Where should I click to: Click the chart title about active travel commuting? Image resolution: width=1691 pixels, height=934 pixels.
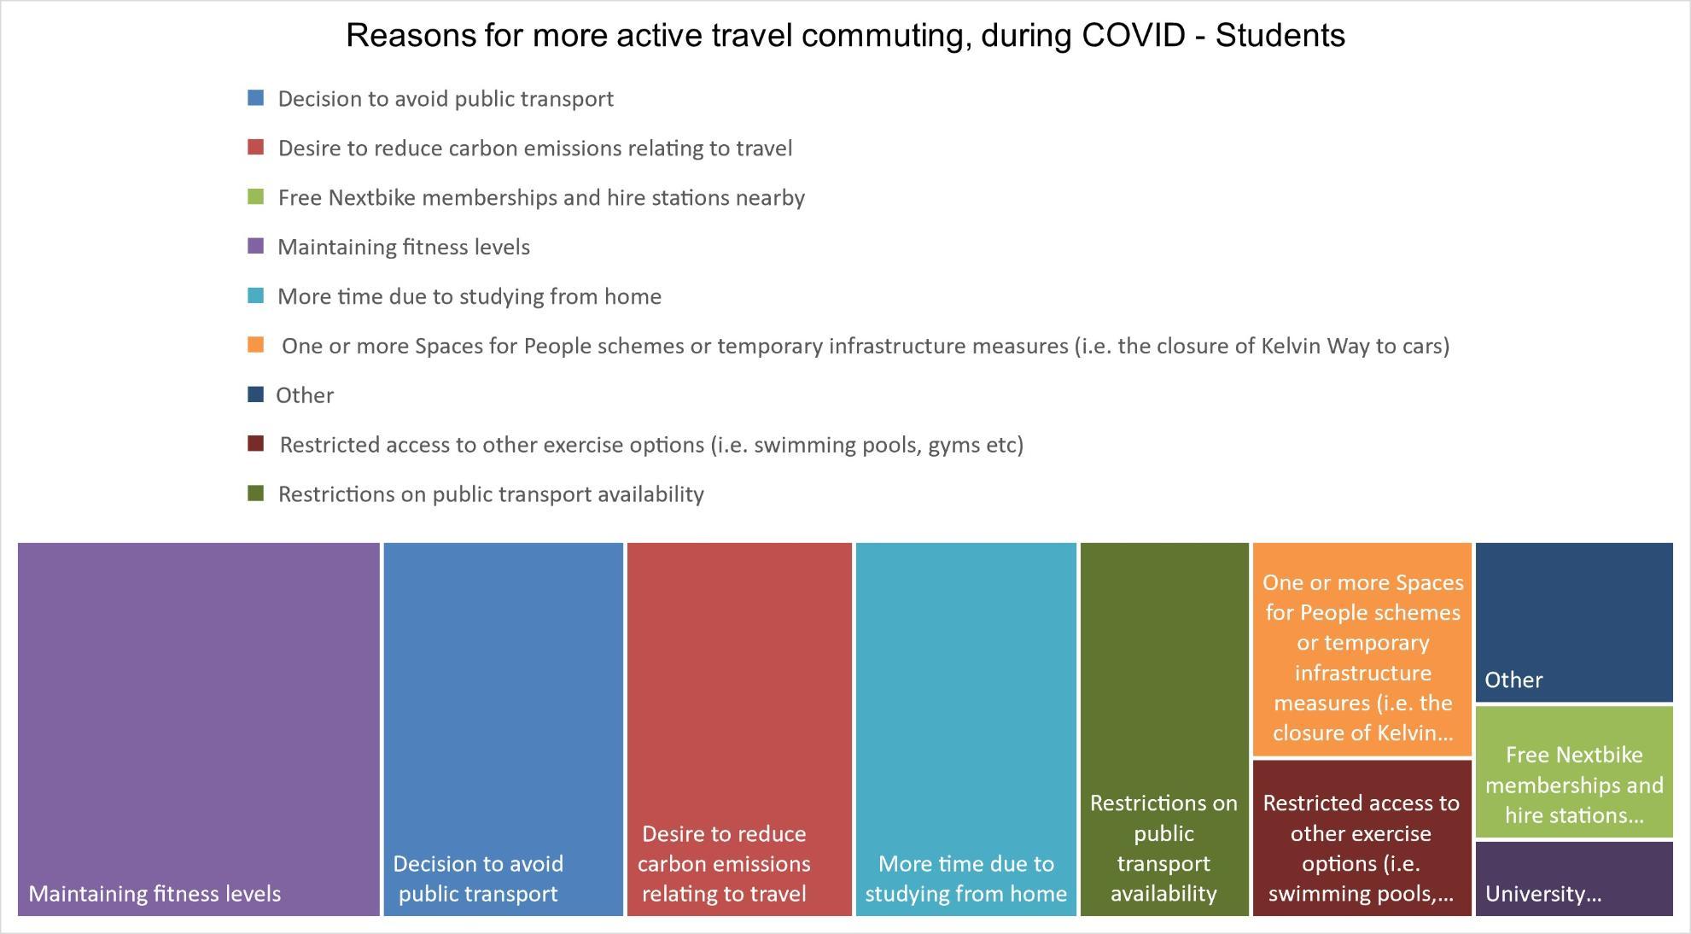point(845,36)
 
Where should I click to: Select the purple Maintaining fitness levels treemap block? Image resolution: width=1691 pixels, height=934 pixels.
point(199,729)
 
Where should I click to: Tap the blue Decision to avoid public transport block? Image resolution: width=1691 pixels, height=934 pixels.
point(504,729)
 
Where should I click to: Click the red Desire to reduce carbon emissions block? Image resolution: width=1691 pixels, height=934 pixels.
point(739,729)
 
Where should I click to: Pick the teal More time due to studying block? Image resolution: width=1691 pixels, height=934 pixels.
point(966,729)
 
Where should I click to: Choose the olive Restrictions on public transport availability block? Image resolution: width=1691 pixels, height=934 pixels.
point(1164,729)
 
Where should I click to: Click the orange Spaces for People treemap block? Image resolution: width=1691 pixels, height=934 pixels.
point(1362,649)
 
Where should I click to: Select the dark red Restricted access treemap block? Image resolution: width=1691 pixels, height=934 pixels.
point(1362,838)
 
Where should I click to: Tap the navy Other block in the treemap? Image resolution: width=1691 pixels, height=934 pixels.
point(1574,622)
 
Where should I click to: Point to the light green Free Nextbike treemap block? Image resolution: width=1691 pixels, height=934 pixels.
point(1574,772)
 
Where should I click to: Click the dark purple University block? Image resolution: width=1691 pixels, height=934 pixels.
point(1574,879)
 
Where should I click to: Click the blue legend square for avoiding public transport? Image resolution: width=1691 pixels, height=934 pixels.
point(255,98)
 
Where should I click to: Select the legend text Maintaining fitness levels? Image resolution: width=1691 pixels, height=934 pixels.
point(404,248)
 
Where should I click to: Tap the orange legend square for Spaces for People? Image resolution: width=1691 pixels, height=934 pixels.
point(255,345)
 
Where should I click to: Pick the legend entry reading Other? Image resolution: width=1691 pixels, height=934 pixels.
point(305,395)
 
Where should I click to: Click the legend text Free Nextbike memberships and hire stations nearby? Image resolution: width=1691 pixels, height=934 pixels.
point(541,198)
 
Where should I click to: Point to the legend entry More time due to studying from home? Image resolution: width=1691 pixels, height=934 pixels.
point(469,297)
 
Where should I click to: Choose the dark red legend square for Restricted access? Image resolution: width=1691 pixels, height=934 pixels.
point(255,444)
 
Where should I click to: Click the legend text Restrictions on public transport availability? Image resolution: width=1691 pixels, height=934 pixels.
point(491,494)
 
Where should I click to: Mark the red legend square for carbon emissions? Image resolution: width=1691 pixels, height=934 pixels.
point(255,148)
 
